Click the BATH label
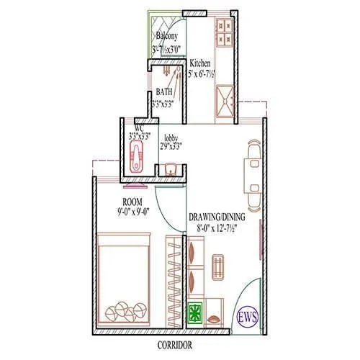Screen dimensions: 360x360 164,92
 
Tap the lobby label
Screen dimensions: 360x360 171,137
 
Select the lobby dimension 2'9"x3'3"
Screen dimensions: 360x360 171,145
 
